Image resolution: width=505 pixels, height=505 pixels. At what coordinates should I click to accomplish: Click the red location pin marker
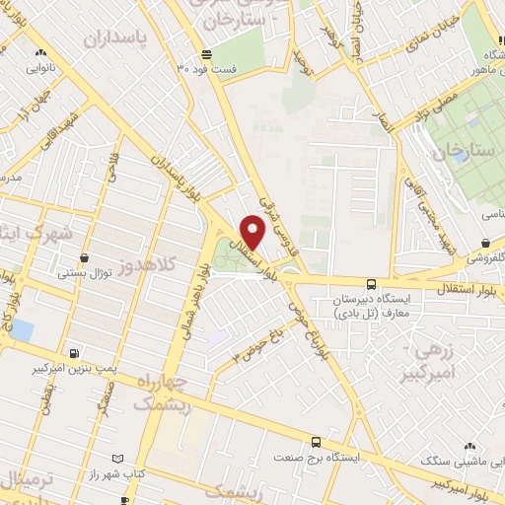coord(253,230)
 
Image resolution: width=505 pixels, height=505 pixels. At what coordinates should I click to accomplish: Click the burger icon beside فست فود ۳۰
coord(205,54)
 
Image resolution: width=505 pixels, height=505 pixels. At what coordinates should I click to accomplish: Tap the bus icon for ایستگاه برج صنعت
coord(316,442)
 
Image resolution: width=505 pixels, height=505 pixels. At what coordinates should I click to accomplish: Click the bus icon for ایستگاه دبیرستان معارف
coord(371,280)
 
